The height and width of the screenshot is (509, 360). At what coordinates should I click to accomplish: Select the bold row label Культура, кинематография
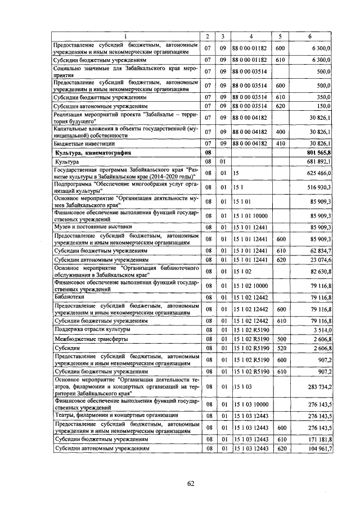tap(92, 152)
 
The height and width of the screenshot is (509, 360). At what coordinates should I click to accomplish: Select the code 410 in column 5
tap(280, 143)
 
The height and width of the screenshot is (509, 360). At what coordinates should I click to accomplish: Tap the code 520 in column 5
tap(280, 349)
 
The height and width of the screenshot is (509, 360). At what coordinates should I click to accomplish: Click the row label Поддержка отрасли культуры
tap(92, 329)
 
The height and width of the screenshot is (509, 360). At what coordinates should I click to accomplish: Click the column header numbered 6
tap(310, 37)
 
